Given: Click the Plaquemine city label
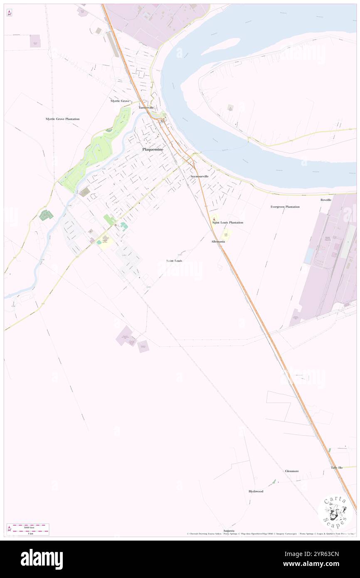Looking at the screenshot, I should click(x=153, y=149).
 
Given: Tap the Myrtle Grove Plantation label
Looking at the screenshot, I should click(x=62, y=119).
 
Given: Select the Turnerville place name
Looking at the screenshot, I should click(x=146, y=107).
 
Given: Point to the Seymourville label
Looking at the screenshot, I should click(x=200, y=177).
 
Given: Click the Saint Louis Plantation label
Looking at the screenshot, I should click(x=228, y=222).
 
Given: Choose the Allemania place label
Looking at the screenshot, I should click(x=218, y=242).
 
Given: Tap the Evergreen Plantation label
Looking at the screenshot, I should click(x=285, y=207).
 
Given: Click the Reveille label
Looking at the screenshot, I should click(x=326, y=200).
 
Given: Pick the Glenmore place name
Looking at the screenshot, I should click(x=292, y=471).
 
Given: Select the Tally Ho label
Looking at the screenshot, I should click(x=337, y=468).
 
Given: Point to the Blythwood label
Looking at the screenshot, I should click(x=256, y=492).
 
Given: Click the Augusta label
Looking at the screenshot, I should click(x=229, y=531).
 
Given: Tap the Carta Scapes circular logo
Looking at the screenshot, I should click(x=335, y=512).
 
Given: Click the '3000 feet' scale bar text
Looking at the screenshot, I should click(x=29, y=527).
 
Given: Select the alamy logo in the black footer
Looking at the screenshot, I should click(x=42, y=559).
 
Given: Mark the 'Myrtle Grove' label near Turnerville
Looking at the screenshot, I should click(x=120, y=101).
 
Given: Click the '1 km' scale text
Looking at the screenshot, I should click(x=30, y=534).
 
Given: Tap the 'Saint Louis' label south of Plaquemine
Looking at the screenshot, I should click(x=174, y=261).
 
